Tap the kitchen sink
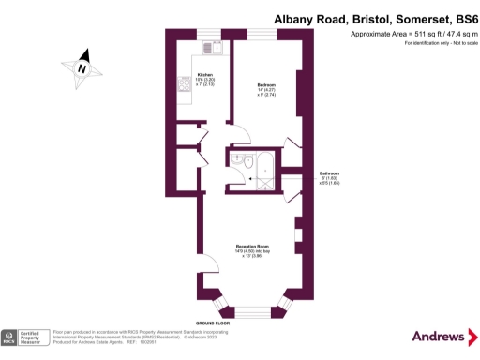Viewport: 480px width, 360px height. click(x=214, y=46)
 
